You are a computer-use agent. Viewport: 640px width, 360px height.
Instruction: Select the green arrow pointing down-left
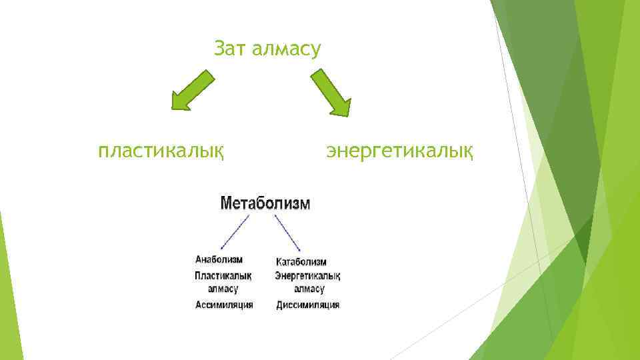(193, 90)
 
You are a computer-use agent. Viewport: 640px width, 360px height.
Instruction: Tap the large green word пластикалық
(160, 151)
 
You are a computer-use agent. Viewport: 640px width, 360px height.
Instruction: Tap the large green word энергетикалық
(400, 151)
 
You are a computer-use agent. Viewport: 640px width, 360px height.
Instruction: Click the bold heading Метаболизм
(265, 203)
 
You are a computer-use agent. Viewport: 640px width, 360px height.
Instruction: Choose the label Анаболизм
(219, 259)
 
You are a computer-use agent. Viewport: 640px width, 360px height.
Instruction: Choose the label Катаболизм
(301, 262)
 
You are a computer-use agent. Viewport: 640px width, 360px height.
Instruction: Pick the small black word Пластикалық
(223, 275)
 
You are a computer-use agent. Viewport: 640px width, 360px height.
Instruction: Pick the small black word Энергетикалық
(307, 276)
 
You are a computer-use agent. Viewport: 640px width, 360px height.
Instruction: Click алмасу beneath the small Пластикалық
(223, 289)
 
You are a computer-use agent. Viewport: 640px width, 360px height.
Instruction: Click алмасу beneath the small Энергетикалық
(309, 290)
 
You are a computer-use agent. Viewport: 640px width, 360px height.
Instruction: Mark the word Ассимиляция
(224, 305)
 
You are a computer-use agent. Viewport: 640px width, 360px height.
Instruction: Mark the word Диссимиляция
(308, 305)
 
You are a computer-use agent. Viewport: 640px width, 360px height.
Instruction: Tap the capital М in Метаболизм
(226, 203)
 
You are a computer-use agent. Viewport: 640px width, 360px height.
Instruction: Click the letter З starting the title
(219, 49)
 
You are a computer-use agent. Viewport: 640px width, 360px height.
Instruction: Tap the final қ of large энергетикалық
(468, 152)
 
